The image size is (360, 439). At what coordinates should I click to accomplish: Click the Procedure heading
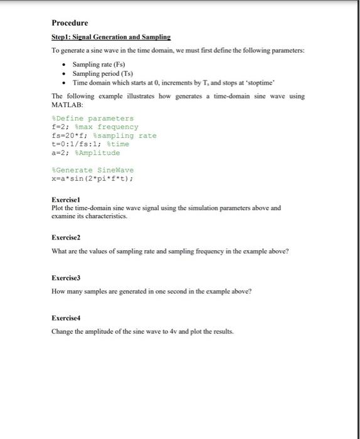click(x=70, y=23)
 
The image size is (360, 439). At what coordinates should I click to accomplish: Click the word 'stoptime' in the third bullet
click(x=272, y=82)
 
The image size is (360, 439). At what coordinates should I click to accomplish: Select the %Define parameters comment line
click(x=93, y=118)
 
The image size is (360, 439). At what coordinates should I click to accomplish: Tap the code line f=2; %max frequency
click(x=95, y=127)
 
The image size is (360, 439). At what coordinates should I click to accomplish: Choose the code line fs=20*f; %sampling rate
click(x=104, y=135)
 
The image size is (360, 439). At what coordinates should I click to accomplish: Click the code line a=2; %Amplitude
click(x=85, y=153)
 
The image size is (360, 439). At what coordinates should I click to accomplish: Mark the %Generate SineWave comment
click(x=93, y=170)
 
